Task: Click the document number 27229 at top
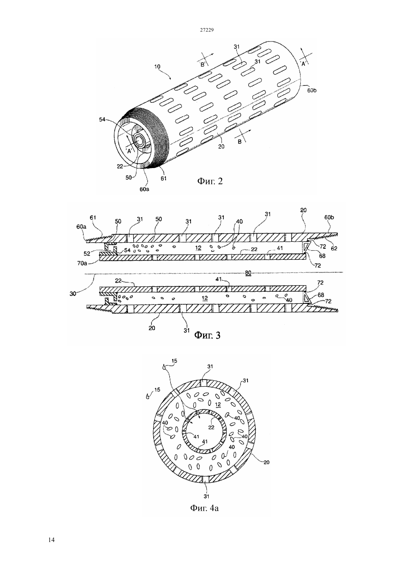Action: point(206,30)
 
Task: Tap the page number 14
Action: point(51,540)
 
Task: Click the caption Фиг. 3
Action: point(207,335)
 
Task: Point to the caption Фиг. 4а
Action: point(205,508)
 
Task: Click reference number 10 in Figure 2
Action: point(157,67)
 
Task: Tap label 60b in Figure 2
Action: point(312,90)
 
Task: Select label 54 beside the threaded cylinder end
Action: point(102,119)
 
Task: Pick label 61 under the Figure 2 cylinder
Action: point(163,178)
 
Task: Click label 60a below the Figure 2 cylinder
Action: point(144,189)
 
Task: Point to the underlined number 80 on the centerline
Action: point(248,273)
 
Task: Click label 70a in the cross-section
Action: point(82,263)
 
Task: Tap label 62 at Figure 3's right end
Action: point(334,248)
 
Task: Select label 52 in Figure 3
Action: point(87,254)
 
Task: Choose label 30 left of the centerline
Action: point(73,294)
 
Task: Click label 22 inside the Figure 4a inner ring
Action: point(211,427)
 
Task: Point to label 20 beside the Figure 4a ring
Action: point(266,462)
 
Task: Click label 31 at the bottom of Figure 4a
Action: point(206,496)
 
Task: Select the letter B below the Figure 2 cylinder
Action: point(239,142)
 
